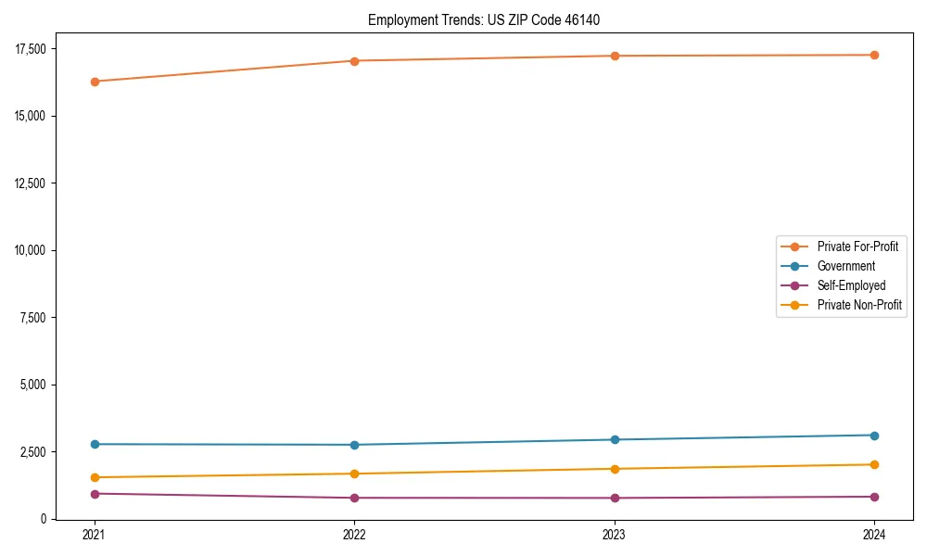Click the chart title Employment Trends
[490, 19]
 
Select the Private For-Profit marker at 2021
[95, 82]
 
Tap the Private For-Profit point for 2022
[354, 61]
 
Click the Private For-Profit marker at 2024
[874, 55]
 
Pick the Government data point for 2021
[95, 444]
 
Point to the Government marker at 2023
[615, 439]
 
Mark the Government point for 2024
[874, 436]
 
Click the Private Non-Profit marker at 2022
[354, 474]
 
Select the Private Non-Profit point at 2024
[874, 464]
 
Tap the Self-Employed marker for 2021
[95, 494]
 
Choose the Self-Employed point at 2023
[615, 498]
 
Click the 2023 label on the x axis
[615, 535]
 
